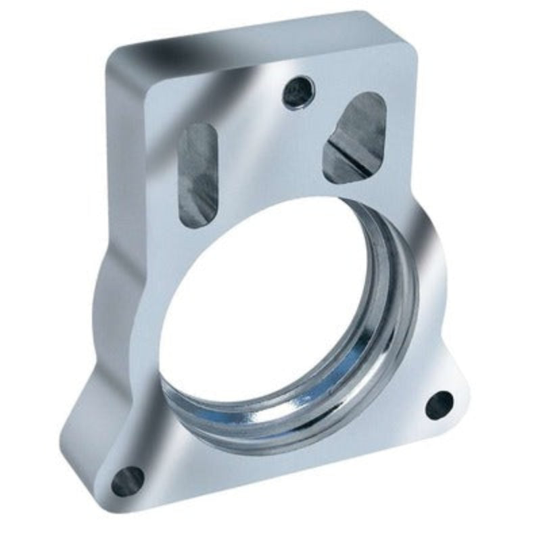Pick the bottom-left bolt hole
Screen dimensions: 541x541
coord(127,481)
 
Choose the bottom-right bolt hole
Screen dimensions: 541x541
coord(440,404)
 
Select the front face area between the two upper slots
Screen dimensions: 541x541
coord(270,149)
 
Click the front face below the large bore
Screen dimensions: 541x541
coord(284,467)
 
